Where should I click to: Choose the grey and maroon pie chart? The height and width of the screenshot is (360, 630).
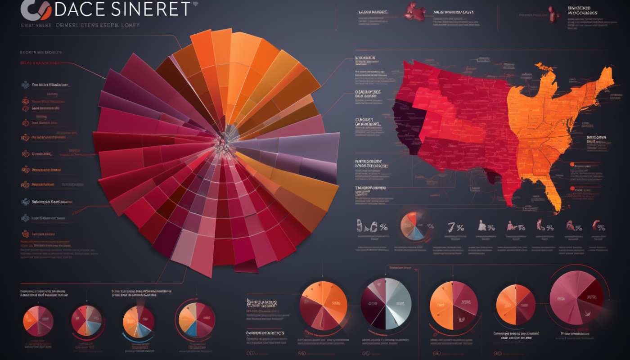click(x=386, y=302)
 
